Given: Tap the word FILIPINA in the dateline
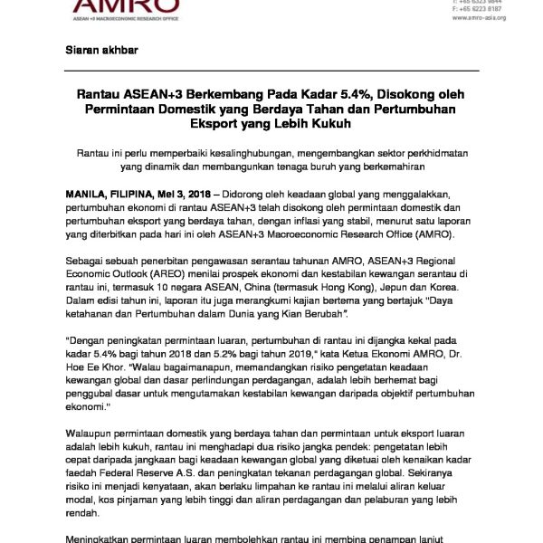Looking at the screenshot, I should click(x=141, y=194).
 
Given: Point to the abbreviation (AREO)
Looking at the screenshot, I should click(x=155, y=281).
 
